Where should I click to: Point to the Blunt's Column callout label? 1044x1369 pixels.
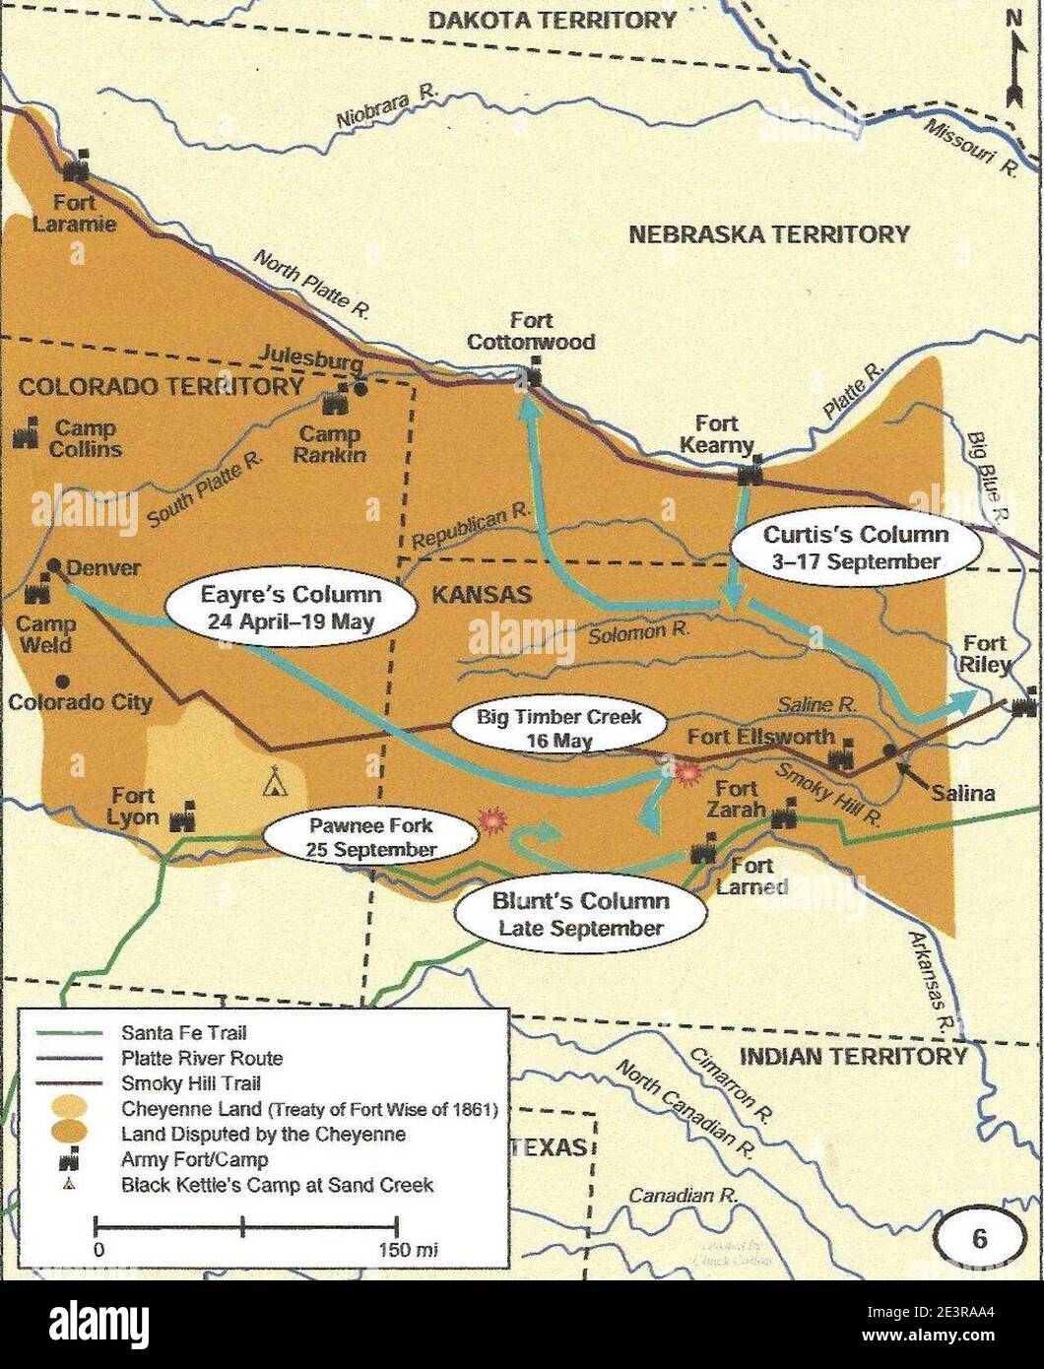pos(580,913)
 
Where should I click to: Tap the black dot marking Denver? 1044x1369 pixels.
pos(54,566)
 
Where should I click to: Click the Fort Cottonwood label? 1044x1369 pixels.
pos(531,332)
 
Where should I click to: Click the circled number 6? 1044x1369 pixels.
pos(979,1239)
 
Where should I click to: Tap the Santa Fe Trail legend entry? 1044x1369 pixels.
pos(183,1033)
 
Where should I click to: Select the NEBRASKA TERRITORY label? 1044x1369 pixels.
pos(769,234)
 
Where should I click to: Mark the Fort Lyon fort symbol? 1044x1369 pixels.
pos(182,819)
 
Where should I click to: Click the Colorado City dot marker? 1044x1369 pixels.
pos(62,681)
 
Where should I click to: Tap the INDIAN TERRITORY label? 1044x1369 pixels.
pos(853,1057)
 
